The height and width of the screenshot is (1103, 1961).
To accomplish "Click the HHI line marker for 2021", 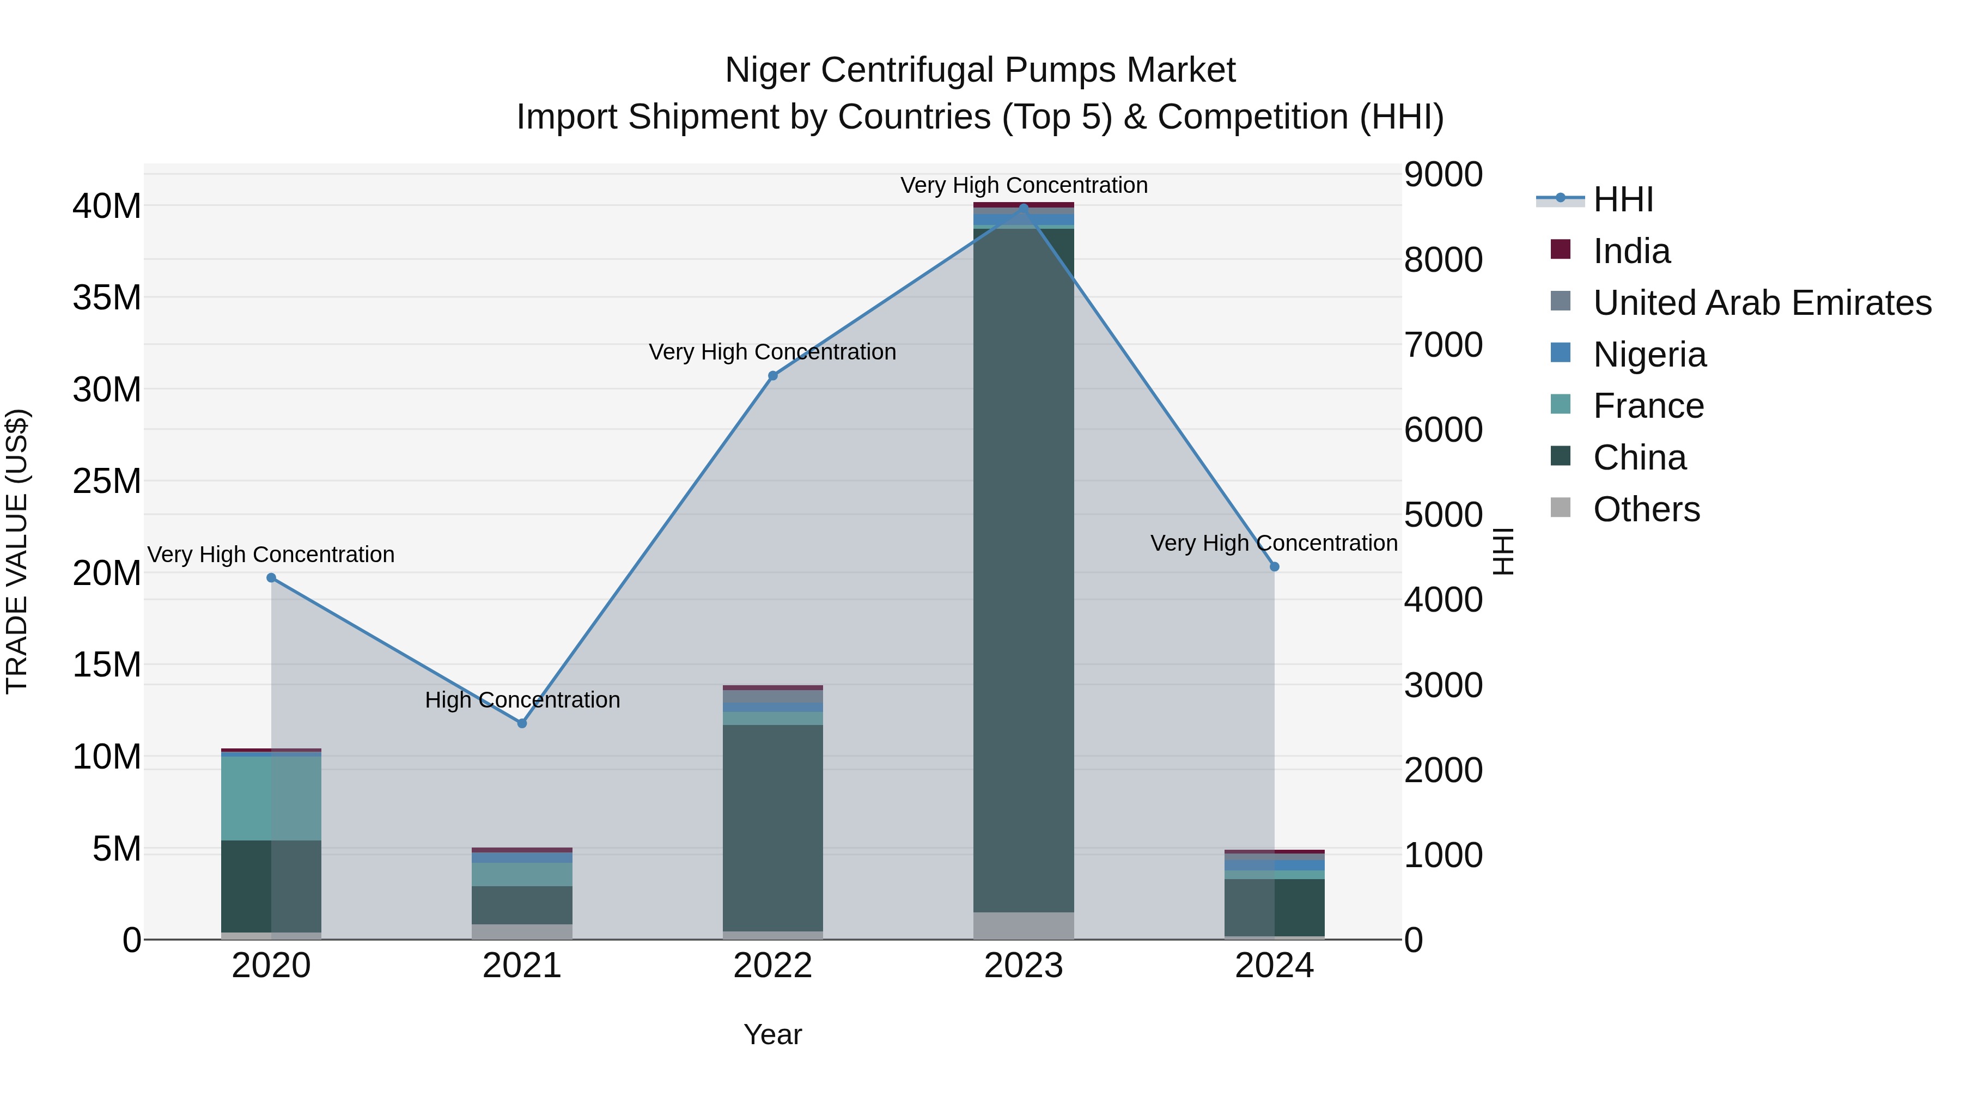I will pyautogui.click(x=522, y=723).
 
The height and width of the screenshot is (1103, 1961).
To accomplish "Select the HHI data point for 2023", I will pyautogui.click(x=1024, y=208).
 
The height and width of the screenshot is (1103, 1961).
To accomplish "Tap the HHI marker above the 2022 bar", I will pyautogui.click(x=772, y=375).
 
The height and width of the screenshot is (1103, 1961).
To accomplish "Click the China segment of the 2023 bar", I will pyautogui.click(x=1024, y=571).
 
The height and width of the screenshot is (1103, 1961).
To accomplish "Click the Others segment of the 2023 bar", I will pyautogui.click(x=1024, y=925).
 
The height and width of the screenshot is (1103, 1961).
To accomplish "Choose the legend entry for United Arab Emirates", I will pyautogui.click(x=1762, y=303).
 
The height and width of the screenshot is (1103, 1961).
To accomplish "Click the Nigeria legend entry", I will pyautogui.click(x=1649, y=355).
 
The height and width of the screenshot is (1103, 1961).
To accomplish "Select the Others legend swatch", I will pyautogui.click(x=1561, y=508).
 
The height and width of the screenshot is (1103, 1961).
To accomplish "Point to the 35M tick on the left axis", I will pyautogui.click(x=107, y=297).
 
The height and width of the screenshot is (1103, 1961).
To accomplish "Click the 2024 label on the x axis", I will pyautogui.click(x=1274, y=966).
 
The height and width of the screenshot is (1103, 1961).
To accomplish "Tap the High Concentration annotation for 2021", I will pyautogui.click(x=522, y=699).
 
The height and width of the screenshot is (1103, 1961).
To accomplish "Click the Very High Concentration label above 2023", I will pyautogui.click(x=1024, y=185).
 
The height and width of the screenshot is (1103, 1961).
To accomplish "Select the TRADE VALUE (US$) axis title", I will pyautogui.click(x=17, y=551).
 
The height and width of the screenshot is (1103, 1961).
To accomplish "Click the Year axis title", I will pyautogui.click(x=772, y=1034).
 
